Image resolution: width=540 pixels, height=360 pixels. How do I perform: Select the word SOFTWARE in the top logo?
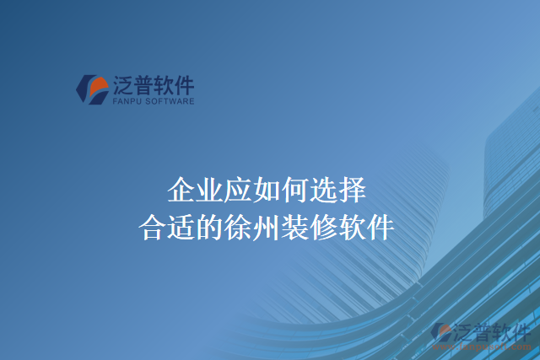[171, 101]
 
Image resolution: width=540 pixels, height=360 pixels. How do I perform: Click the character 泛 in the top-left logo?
[122, 84]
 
